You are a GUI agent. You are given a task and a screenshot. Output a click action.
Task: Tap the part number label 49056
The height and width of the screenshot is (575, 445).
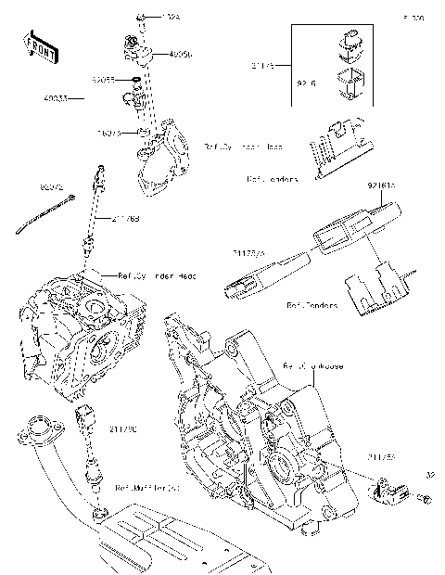182,55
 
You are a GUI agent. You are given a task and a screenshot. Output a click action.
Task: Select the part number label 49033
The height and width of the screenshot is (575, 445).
56,96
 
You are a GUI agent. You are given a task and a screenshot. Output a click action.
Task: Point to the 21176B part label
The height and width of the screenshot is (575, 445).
125,219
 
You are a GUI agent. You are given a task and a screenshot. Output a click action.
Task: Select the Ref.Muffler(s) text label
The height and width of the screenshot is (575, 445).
147,486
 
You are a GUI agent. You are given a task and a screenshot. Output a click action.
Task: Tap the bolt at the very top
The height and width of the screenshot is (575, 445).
141,18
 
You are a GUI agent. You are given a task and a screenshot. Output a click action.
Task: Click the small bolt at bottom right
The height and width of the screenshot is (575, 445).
426,500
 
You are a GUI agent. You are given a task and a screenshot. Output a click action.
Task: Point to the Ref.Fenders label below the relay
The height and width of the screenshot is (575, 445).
311,303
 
